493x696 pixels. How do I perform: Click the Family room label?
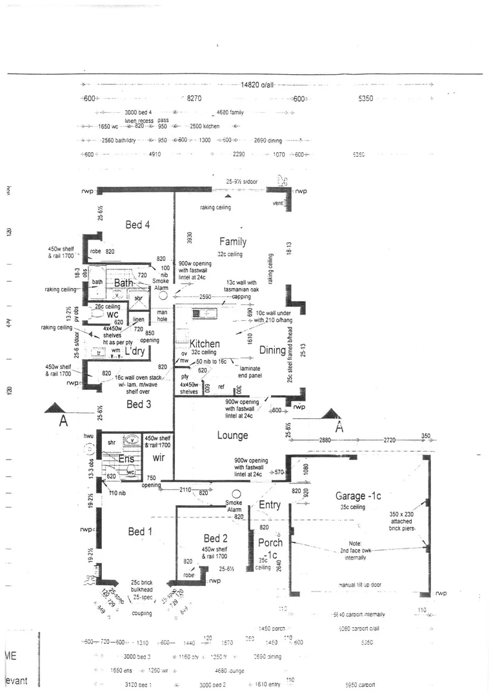pos(232,242)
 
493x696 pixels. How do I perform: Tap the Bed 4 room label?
pos(137,225)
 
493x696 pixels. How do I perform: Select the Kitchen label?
pos(205,343)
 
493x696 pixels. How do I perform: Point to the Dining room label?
pos(272,350)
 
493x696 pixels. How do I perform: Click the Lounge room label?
pos(232,436)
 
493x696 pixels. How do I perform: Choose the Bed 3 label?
pos(138,404)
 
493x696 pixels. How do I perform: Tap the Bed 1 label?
pos(140,531)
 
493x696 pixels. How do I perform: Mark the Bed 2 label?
pos(216,538)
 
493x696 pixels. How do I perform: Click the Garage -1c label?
pos(358,496)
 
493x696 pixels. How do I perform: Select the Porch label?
pos(270,542)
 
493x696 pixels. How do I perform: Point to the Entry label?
pos(269,505)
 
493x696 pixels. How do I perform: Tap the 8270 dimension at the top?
pos(194,99)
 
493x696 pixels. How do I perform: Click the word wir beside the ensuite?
pos(159,458)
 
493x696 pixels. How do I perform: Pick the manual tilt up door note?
pos(360,585)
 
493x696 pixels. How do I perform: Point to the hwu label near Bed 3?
pos(89,436)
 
